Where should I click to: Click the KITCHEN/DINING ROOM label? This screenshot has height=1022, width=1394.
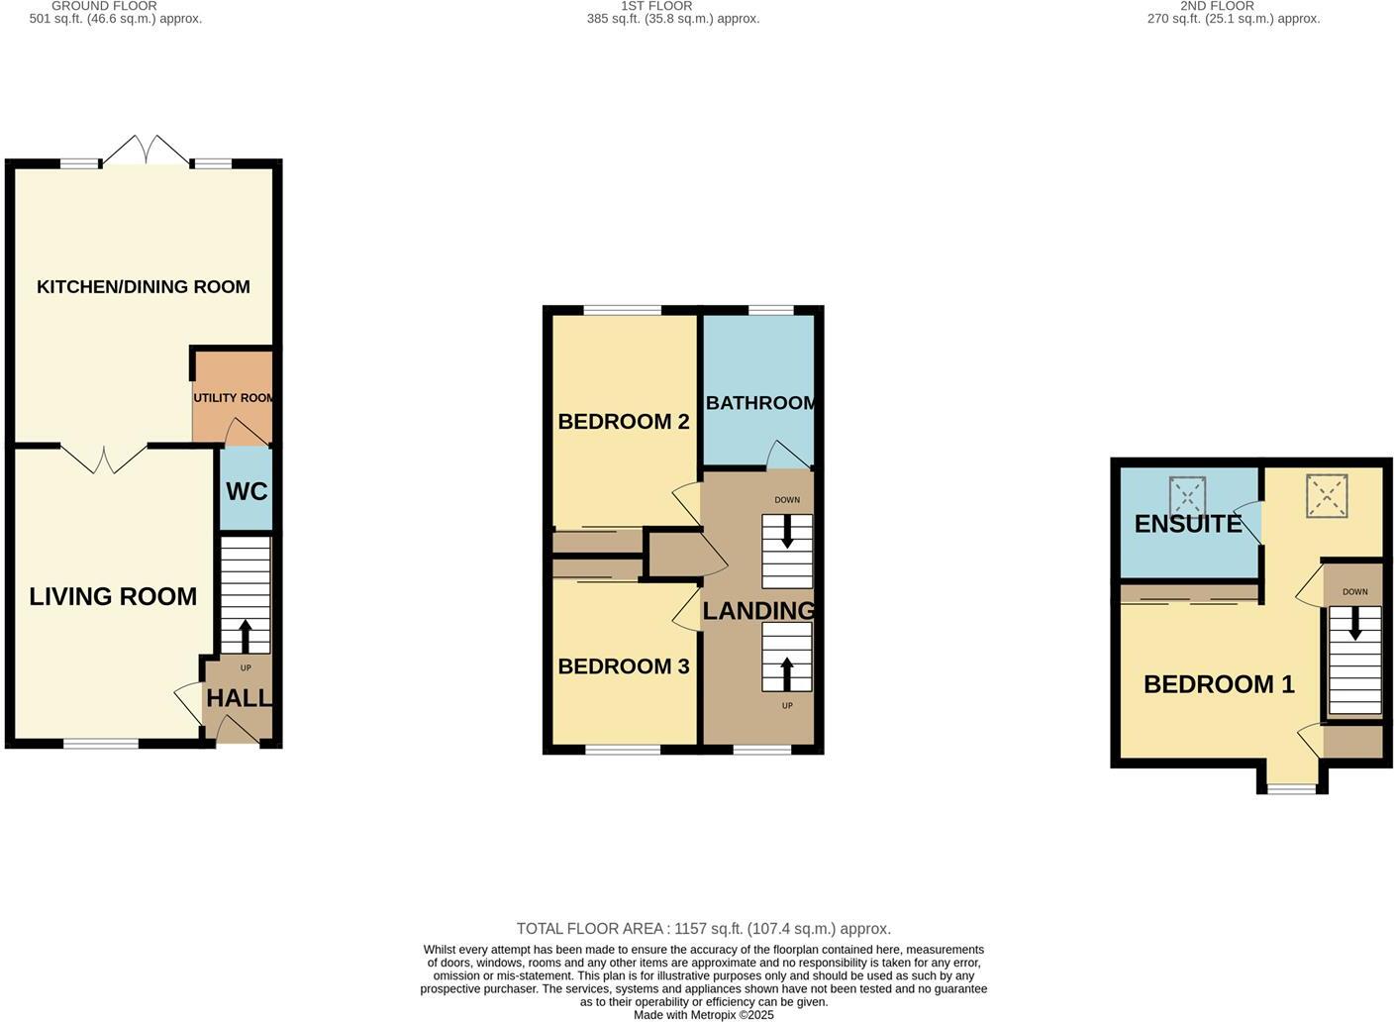tap(144, 287)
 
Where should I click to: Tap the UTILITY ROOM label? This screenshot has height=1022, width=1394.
tap(234, 398)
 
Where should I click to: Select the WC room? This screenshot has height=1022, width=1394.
tap(247, 491)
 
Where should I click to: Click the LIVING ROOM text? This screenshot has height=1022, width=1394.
tap(113, 596)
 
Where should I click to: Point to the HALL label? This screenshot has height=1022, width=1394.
tap(239, 698)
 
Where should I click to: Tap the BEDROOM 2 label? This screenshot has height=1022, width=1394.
tap(624, 422)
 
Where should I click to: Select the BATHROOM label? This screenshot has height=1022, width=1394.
tap(760, 403)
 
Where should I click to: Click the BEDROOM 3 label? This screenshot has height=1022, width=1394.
tap(624, 666)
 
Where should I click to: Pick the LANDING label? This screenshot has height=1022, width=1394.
tap(758, 611)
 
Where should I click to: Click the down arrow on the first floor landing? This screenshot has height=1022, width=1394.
tap(787, 534)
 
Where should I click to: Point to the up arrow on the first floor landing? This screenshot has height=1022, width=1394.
tap(787, 673)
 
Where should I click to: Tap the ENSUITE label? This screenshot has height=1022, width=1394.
tap(1188, 524)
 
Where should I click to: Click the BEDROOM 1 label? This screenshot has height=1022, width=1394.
tap(1219, 684)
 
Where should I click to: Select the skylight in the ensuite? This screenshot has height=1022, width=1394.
tap(1188, 496)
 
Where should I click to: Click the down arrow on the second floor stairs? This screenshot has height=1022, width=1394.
tap(1354, 623)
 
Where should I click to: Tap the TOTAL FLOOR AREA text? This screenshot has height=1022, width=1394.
tap(703, 929)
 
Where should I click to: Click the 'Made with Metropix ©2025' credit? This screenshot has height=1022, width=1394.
tap(703, 1015)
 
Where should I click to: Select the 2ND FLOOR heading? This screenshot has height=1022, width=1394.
tap(1217, 6)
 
